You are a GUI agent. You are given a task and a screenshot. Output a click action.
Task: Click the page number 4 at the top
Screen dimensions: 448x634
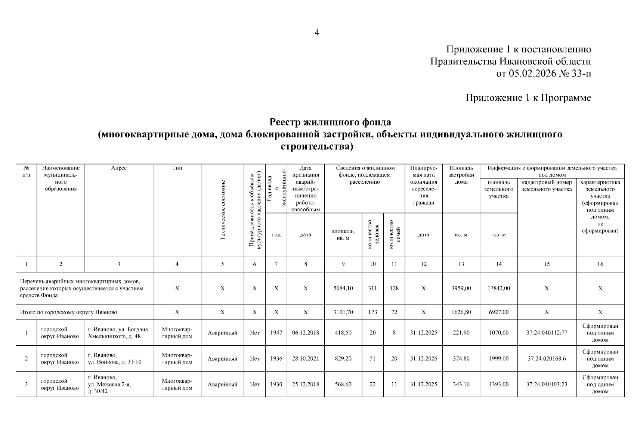point(317,33)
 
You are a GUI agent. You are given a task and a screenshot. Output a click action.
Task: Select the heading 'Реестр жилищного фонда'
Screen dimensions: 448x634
point(330,122)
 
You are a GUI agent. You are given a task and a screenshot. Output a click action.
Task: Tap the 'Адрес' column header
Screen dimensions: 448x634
point(119,168)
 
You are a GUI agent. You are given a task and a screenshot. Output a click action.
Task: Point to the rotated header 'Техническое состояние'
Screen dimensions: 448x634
point(222,210)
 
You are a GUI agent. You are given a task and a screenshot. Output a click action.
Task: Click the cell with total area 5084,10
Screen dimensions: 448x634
point(343,288)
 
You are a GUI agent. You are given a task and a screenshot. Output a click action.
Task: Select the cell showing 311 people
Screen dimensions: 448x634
point(372,288)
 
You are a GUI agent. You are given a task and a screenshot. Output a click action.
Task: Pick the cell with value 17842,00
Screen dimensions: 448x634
point(498,288)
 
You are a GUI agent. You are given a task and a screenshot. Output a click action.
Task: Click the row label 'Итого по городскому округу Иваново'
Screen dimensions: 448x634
point(69,312)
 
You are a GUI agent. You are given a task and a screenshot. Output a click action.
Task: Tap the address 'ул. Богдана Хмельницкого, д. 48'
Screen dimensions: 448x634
point(118,333)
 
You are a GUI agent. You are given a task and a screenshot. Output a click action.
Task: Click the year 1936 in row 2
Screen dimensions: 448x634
point(276,358)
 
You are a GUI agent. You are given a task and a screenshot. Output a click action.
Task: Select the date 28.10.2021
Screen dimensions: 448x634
point(306,358)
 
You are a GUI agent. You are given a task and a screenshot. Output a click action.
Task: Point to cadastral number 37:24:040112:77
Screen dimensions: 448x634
point(547,333)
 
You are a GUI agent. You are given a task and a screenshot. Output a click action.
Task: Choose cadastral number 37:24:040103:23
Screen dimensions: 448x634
point(547,384)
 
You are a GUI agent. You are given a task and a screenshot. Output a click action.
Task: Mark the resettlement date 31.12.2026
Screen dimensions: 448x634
point(423,358)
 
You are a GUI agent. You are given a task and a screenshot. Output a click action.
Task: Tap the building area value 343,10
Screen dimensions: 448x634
point(461,384)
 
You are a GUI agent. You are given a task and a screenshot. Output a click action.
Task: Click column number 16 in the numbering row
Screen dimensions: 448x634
point(600,264)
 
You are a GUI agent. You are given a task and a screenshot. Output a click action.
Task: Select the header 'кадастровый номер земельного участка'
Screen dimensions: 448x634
point(547,186)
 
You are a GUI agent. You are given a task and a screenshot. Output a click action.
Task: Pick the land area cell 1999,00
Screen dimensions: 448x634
point(498,358)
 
